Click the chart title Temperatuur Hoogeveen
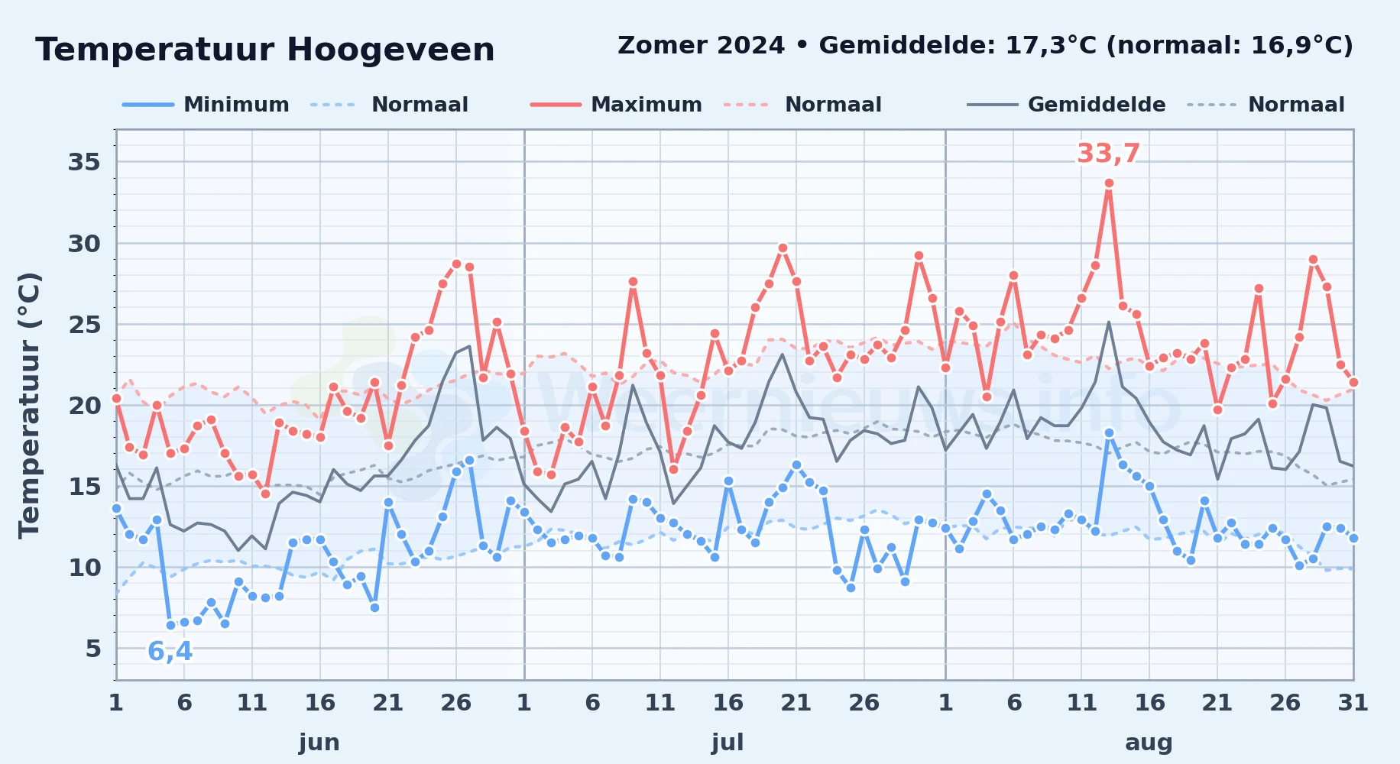click(265, 50)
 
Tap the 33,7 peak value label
click(1108, 154)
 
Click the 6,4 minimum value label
click(170, 652)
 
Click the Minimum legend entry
click(206, 105)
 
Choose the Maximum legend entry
click(616, 105)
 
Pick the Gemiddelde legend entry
click(1066, 105)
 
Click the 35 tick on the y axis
click(84, 162)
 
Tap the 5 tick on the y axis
click(93, 649)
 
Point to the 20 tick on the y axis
click(84, 406)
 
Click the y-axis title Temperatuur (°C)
click(29, 406)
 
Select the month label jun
click(319, 743)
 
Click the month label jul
click(728, 743)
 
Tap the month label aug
click(1149, 743)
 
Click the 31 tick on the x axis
click(1353, 703)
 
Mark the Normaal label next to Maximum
click(833, 105)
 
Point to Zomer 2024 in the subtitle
click(701, 46)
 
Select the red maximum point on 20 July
click(783, 248)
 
